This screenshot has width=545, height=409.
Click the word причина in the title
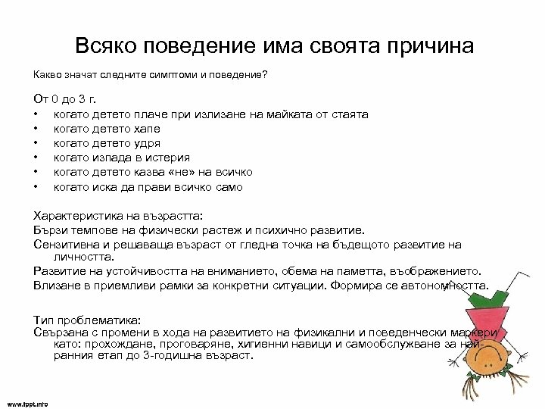pyautogui.click(x=431, y=46)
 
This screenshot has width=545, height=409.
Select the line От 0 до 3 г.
pyautogui.click(x=64, y=101)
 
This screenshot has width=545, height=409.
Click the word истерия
pyautogui.click(x=166, y=158)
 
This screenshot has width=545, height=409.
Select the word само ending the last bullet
pyautogui.click(x=228, y=187)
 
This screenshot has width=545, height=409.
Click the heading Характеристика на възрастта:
pyautogui.click(x=114, y=216)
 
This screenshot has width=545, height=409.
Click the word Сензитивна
pyautogui.click(x=67, y=245)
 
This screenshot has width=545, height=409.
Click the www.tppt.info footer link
pyautogui.click(x=27, y=404)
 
